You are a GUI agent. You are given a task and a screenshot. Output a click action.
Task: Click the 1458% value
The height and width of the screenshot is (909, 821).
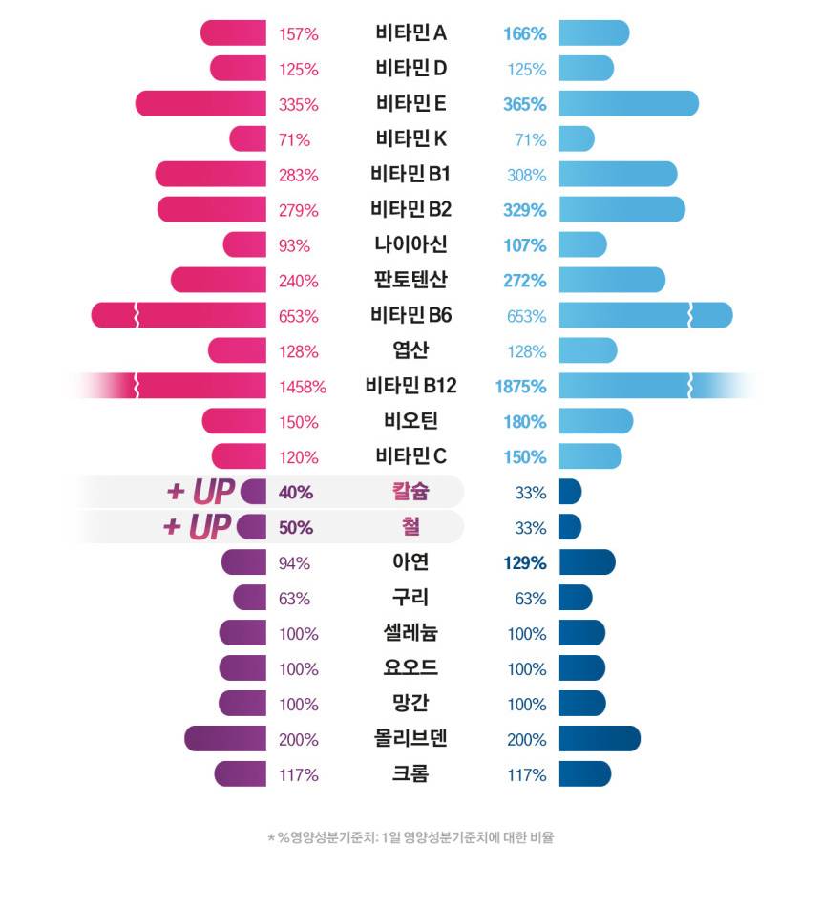tap(302, 387)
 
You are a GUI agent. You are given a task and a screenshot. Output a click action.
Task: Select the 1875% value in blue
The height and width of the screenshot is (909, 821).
tap(521, 387)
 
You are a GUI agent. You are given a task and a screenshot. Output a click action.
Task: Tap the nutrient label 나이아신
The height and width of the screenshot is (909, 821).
tap(410, 244)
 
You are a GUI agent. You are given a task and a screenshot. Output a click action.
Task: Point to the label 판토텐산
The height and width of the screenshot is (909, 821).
tap(410, 280)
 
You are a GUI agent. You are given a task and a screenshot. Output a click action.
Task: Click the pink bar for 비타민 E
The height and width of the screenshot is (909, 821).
tap(201, 104)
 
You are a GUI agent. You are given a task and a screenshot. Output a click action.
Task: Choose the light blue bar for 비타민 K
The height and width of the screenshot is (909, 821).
tap(577, 139)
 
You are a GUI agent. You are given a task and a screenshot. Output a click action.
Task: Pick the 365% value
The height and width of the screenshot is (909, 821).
tap(525, 104)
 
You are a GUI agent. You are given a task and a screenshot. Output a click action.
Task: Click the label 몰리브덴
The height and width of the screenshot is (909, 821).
tap(410, 739)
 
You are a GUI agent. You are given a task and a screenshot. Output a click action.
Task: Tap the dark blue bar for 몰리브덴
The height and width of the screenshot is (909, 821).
tap(600, 739)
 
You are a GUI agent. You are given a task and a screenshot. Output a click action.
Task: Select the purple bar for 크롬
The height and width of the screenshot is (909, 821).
tap(241, 774)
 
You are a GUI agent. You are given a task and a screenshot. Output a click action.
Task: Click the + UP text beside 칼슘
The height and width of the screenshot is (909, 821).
tap(200, 492)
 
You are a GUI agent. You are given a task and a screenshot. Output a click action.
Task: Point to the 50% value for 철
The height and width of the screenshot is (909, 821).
tap(296, 527)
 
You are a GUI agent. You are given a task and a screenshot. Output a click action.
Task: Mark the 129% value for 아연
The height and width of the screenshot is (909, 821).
tap(525, 562)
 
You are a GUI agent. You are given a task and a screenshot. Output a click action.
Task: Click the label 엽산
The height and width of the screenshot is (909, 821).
tap(410, 350)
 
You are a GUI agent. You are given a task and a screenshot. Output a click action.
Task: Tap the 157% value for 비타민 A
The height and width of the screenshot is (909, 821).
tap(299, 34)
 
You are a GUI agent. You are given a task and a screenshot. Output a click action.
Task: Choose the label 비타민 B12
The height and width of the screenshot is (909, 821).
tap(410, 386)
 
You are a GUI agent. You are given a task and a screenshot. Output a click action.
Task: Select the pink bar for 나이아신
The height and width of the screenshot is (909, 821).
tap(245, 244)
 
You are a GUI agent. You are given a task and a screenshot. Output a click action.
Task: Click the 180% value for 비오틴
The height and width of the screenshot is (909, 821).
tap(525, 421)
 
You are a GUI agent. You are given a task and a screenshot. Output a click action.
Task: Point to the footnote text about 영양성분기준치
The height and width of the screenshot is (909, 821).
tap(410, 838)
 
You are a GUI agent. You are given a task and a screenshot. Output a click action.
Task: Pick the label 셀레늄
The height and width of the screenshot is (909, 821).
tap(410, 633)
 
